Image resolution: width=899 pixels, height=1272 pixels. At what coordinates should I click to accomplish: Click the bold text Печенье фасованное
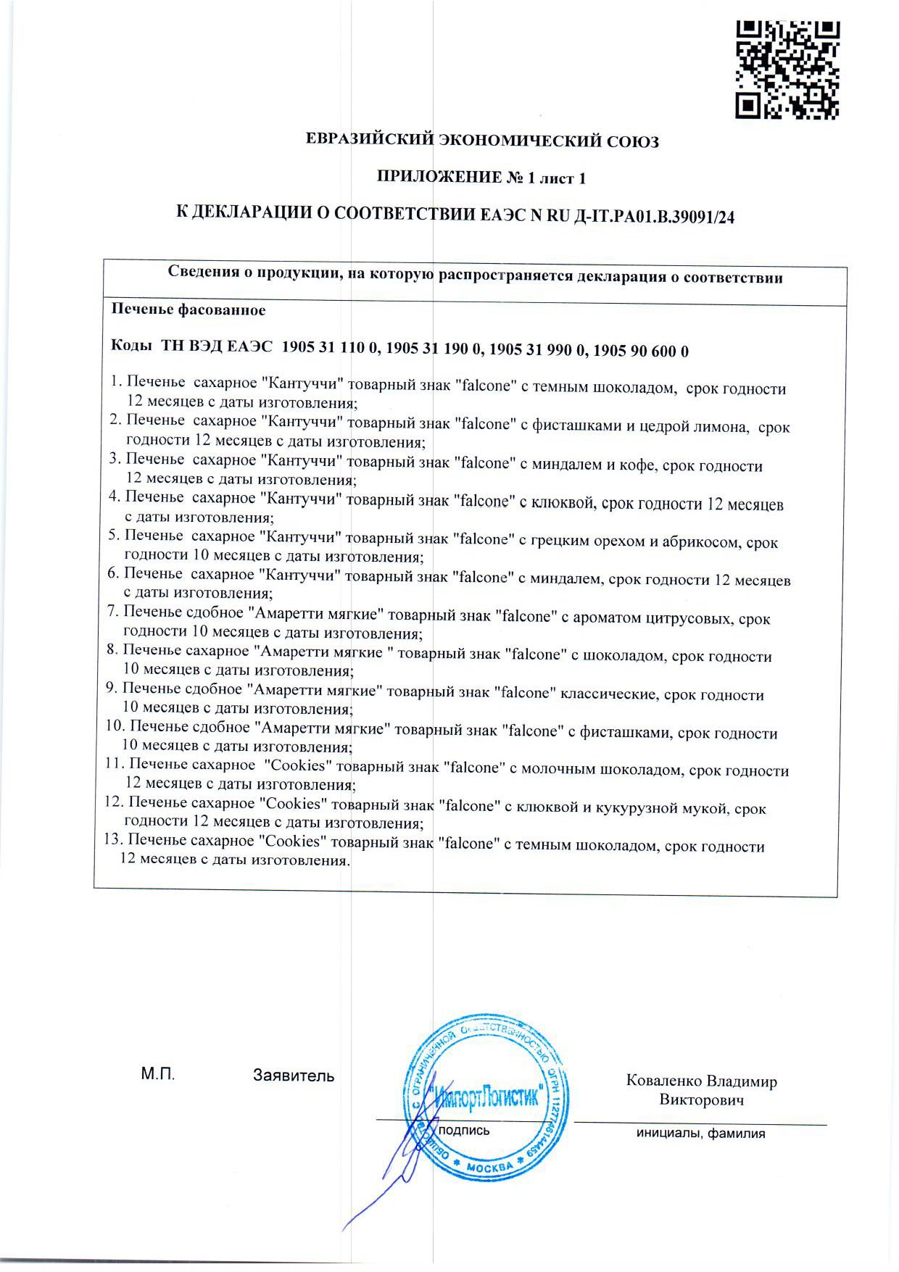(x=188, y=310)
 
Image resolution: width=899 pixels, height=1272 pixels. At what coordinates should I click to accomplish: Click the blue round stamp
(x=475, y=1096)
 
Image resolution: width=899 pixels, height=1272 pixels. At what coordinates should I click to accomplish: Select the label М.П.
(x=158, y=1075)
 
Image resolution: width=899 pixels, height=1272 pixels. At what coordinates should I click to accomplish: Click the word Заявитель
(x=294, y=1076)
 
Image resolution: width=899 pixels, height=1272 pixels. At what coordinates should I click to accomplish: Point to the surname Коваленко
(x=664, y=1081)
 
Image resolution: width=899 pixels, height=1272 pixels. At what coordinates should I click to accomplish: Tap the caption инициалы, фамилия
(x=700, y=1134)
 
